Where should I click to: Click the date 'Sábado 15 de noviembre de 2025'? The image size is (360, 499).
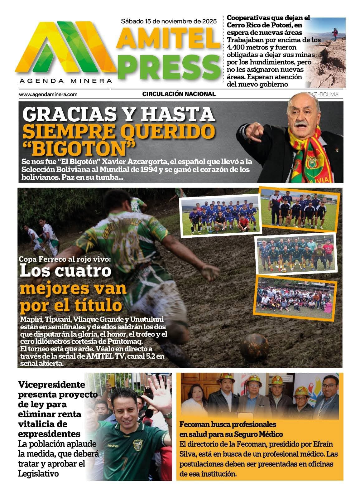169,22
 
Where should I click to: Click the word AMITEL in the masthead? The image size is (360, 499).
169,38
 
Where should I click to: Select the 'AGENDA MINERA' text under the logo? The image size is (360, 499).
65,81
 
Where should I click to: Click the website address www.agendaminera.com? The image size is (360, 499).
48,94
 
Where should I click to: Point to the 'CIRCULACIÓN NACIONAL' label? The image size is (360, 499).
179,94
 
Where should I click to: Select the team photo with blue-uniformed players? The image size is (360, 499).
220,215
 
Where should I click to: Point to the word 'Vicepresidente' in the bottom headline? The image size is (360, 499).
51,384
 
